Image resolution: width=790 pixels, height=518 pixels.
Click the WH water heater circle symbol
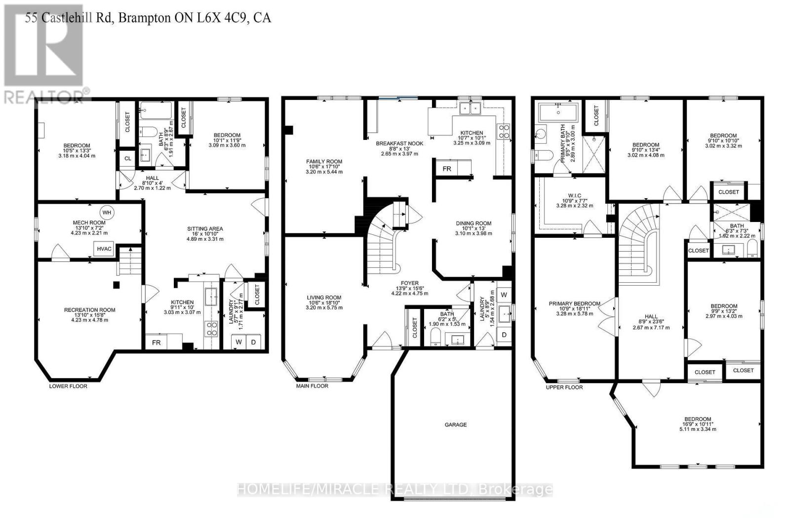click(107, 213)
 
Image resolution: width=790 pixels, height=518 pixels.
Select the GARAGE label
click(455, 425)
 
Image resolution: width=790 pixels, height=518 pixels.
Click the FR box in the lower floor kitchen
click(156, 342)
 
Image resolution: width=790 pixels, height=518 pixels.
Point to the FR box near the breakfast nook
click(446, 169)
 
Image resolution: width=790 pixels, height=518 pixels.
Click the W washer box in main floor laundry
click(504, 295)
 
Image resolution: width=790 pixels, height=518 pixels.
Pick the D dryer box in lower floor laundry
click(254, 342)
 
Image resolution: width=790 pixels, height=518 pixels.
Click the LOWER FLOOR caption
click(68, 386)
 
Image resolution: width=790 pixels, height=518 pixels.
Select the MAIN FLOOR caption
click(312, 386)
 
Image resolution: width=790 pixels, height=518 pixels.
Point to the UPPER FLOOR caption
click(564, 387)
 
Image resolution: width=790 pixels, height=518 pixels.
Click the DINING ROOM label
click(473, 223)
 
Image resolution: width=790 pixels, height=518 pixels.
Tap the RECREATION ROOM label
click(89, 310)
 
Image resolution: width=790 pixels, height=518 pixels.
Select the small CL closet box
click(127, 159)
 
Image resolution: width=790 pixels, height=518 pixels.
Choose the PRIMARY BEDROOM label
click(574, 303)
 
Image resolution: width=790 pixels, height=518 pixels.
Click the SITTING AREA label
click(205, 229)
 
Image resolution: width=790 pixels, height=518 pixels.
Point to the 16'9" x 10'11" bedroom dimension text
click(698, 424)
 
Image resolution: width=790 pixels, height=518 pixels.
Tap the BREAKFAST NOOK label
click(399, 143)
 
